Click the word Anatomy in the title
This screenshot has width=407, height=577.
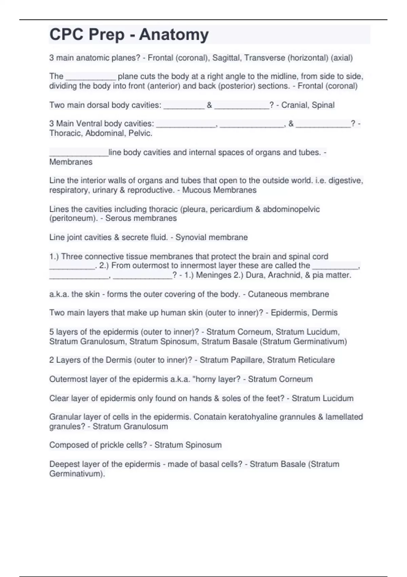click(174, 35)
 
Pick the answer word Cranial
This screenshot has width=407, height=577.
click(295, 105)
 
